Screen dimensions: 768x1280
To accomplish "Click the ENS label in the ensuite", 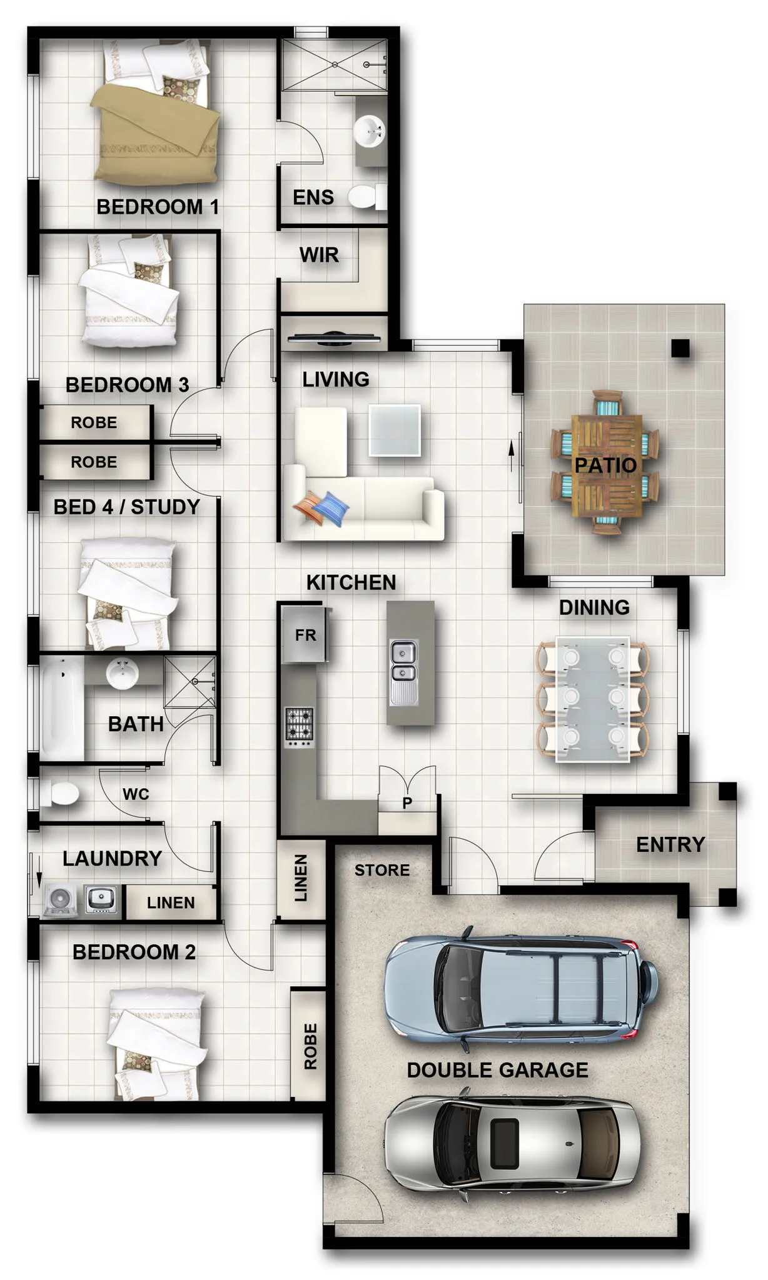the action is click(x=313, y=197).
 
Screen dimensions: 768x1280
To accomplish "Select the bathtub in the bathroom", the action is click(x=62, y=707).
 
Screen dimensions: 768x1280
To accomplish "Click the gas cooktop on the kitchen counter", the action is click(x=299, y=727).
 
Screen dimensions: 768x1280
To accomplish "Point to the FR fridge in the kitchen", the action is click(x=305, y=635).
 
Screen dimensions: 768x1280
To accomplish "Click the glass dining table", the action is click(x=593, y=699).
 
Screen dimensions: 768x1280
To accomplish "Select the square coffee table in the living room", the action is click(x=394, y=430).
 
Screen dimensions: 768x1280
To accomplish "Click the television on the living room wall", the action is click(x=335, y=338).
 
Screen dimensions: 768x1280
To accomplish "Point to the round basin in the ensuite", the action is click(x=370, y=131).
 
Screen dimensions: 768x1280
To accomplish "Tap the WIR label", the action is click(x=319, y=255).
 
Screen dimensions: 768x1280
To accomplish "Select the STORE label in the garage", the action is click(x=382, y=870).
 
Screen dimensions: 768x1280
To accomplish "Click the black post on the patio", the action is click(x=680, y=348).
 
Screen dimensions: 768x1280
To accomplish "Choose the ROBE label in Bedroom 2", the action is click(x=310, y=1046).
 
